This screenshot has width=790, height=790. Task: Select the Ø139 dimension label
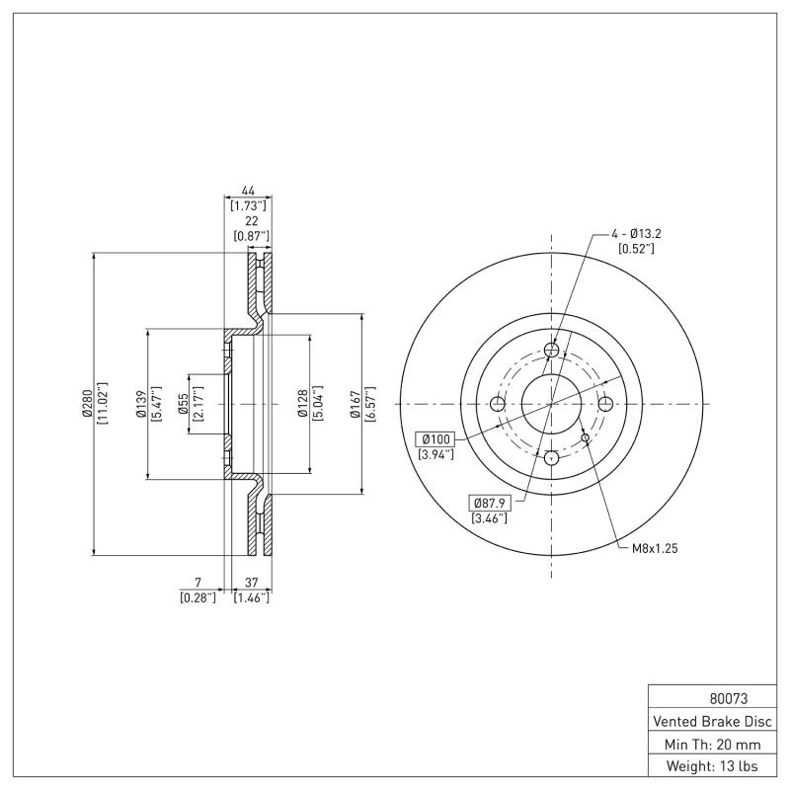(x=140, y=404)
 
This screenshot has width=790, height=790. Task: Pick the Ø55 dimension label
(x=183, y=404)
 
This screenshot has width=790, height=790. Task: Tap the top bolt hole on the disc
(x=552, y=350)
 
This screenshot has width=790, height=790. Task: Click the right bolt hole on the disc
(x=606, y=403)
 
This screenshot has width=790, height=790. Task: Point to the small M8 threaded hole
(x=586, y=436)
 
